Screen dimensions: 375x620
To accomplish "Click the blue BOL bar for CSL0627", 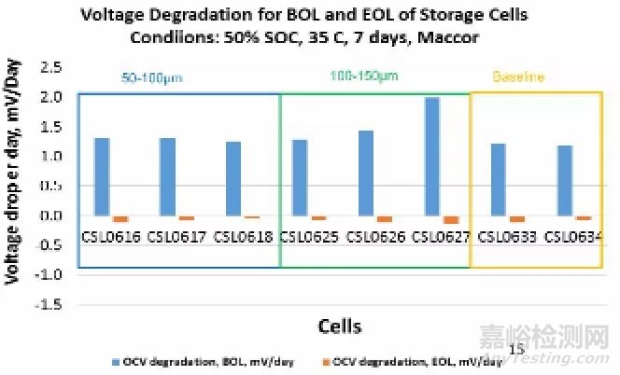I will point(431,156).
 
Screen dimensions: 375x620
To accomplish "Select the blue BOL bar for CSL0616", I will point(103,176).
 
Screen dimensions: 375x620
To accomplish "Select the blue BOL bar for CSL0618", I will point(233,178).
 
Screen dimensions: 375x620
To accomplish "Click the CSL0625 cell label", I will point(309,237).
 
